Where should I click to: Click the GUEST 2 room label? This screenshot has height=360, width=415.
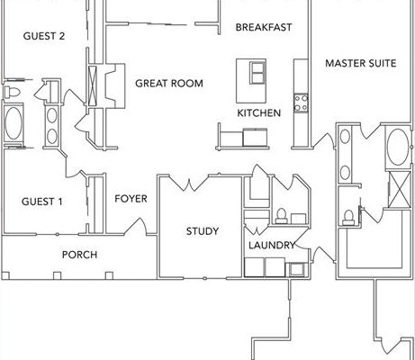44,36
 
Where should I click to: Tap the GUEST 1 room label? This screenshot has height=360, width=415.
42,202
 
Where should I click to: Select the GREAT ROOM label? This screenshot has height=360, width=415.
169,83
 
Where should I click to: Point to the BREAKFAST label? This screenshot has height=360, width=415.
264,27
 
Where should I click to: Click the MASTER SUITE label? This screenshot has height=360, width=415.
361,63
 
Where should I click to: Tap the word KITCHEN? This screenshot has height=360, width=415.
259,113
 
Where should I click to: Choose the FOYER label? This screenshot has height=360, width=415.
131,199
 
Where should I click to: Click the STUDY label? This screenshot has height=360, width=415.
203,231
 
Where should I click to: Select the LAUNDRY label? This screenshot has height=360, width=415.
272,246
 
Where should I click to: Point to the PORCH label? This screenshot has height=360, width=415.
79,255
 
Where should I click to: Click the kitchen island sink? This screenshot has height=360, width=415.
257,73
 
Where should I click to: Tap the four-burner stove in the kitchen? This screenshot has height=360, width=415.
301,103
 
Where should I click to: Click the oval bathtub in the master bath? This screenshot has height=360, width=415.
398,147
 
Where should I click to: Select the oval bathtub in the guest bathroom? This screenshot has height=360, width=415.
14,123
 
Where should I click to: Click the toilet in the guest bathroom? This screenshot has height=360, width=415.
12,92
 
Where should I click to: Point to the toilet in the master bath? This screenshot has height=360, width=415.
348,218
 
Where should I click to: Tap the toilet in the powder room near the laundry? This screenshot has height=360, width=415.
281,216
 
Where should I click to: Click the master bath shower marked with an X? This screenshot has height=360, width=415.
400,189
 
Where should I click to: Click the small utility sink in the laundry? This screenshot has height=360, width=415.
296,269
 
